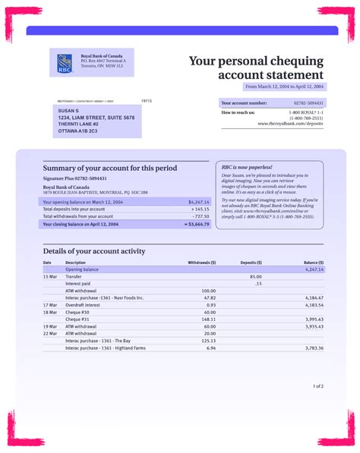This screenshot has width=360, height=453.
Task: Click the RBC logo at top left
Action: point(64,63)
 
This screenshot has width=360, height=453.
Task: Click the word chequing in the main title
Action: point(299,61)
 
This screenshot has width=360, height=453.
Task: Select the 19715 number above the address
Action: point(147,100)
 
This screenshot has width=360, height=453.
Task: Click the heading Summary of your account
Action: point(110,168)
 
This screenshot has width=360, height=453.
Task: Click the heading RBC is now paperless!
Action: point(247,166)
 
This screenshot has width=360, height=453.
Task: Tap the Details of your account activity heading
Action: point(94,251)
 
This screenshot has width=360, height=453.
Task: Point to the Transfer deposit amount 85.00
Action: point(256,276)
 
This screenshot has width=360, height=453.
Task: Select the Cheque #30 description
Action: point(77,312)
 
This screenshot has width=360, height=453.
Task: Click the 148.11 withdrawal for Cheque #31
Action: point(207,319)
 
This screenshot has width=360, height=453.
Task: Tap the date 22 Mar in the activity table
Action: point(50,333)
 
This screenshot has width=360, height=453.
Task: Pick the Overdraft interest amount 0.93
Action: point(210,304)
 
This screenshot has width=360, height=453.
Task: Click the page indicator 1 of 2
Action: point(317,386)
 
